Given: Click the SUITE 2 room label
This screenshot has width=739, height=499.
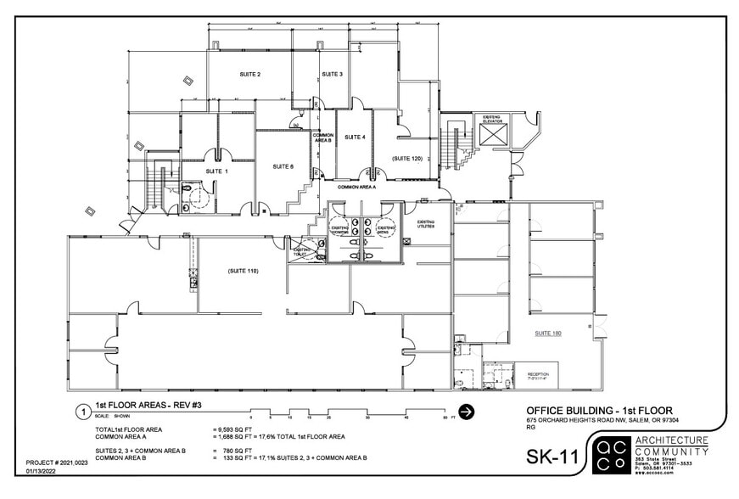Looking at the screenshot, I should [x=249, y=75].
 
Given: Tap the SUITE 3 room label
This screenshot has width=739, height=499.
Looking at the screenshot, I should [x=333, y=75].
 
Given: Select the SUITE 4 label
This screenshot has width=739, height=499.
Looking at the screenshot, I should [x=355, y=137].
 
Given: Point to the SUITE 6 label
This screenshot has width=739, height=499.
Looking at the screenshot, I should [x=283, y=167].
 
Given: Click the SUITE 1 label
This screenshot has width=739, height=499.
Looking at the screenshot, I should [x=216, y=171].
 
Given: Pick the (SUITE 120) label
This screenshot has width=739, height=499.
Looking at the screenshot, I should [x=407, y=159].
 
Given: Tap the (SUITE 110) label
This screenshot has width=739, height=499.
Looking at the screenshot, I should [x=243, y=271].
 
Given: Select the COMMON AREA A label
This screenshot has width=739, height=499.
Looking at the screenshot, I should [x=356, y=187].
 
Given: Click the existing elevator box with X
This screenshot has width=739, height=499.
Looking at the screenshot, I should [x=493, y=136].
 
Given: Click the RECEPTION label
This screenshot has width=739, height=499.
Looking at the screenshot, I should [x=538, y=373].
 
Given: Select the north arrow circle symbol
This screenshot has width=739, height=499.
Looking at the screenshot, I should [x=467, y=412].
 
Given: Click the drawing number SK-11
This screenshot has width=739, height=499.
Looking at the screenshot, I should [x=552, y=457].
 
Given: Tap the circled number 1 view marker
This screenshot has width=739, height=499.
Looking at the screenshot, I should [x=83, y=412].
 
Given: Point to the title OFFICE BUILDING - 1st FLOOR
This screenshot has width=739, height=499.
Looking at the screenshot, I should [x=599, y=412].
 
